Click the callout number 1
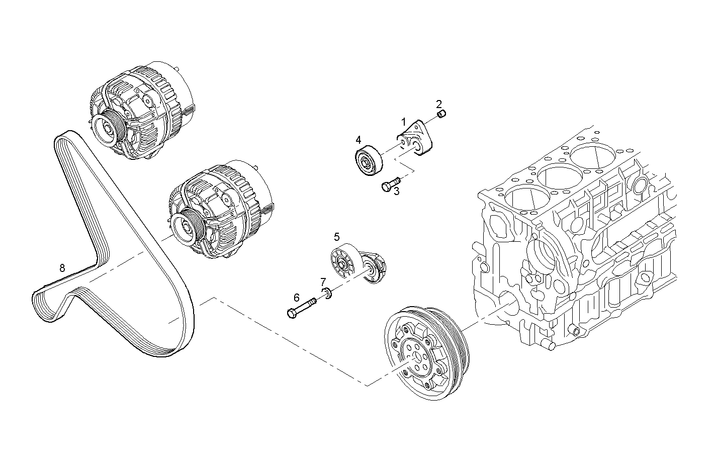(x=403, y=122)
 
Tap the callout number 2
(x=439, y=104)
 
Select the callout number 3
(x=396, y=191)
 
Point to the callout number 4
(x=358, y=139)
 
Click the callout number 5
(x=336, y=236)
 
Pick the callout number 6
(x=296, y=298)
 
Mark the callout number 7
(x=323, y=281)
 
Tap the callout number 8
(x=62, y=268)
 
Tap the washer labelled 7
(x=326, y=293)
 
